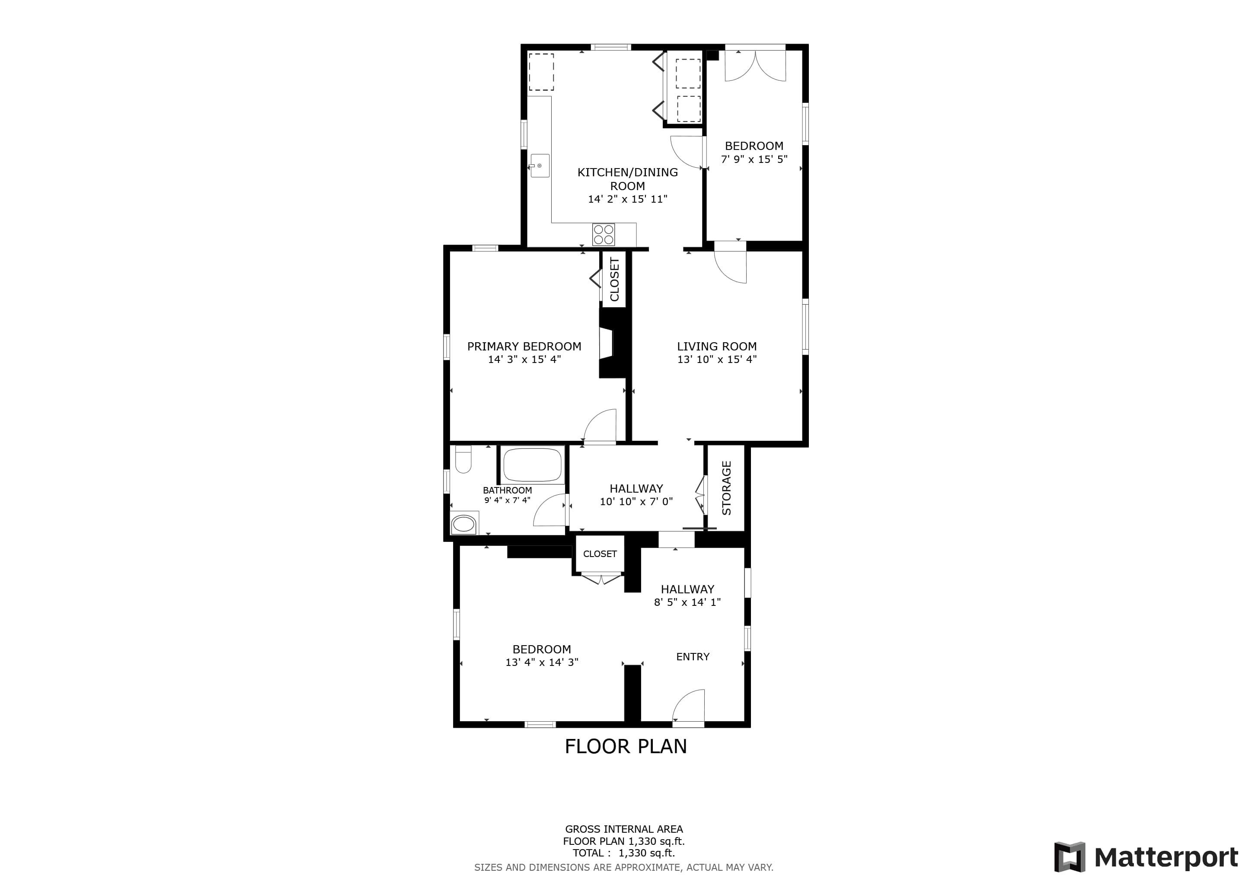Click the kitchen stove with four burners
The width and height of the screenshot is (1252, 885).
pos(604,234)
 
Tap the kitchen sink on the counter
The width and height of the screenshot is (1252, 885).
pos(540,166)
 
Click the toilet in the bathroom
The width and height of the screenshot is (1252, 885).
pos(463,459)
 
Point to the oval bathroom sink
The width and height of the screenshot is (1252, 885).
pos(464,524)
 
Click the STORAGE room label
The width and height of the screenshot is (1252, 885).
pos(726,488)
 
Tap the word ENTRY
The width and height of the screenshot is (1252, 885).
pos(693,657)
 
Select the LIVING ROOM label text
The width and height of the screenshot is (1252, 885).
pos(716,347)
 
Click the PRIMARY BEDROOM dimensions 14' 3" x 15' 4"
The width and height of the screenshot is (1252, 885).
pos(524,360)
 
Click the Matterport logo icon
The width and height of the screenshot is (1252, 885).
pos(1069,857)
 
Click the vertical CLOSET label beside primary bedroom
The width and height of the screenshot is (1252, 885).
pos(615,280)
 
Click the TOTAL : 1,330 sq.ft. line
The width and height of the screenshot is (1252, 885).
pos(624,853)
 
